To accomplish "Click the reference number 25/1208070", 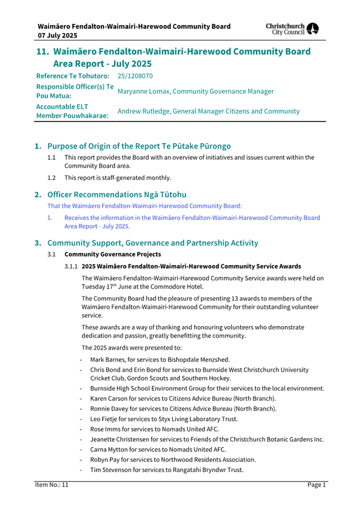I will (135, 76).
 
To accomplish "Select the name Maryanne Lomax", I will (142, 91).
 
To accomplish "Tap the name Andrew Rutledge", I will (143, 112).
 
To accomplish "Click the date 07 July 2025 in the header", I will (57, 36).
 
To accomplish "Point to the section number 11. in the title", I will (43, 52).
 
